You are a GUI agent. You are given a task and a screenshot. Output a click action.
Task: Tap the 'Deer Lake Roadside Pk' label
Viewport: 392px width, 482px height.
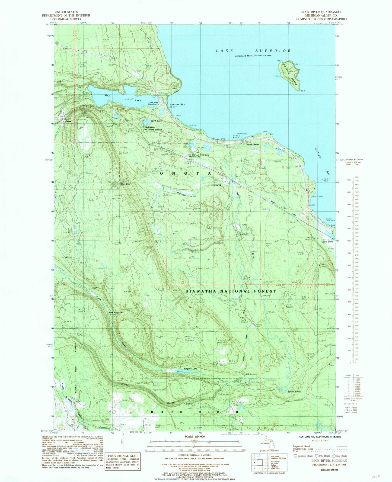(x=155, y=103)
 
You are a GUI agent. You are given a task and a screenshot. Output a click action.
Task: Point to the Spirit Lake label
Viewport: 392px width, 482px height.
(x=156, y=120)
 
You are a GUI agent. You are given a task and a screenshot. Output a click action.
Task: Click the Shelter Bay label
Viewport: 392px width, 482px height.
(x=177, y=105)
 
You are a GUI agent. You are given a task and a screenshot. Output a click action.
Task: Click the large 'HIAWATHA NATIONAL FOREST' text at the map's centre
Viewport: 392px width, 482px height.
(x=231, y=291)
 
